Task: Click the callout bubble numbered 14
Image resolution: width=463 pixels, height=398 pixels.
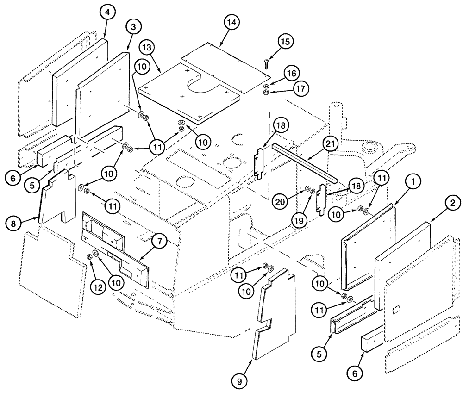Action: tap(231, 22)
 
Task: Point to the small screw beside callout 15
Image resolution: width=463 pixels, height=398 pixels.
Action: tap(267, 64)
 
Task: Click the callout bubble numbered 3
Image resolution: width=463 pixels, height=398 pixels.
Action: tap(133, 27)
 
